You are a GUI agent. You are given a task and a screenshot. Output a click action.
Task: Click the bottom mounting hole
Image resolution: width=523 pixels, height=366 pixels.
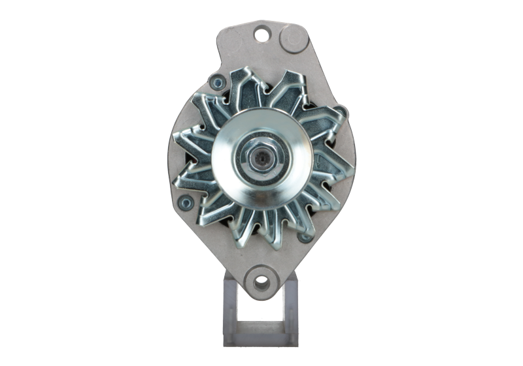(261, 280)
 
